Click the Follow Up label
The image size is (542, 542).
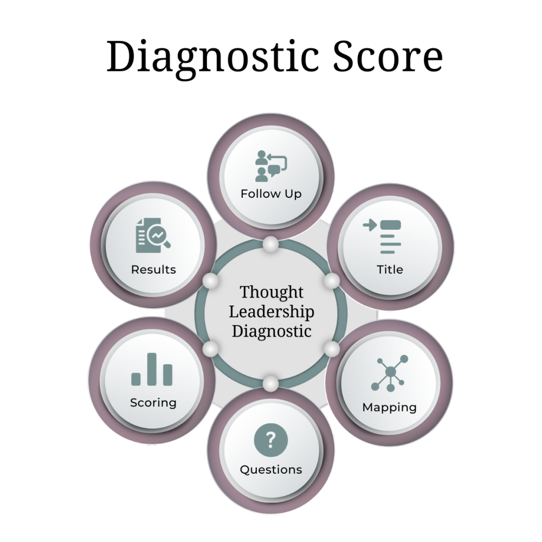point(271,193)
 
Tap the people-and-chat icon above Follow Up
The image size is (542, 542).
point(271,166)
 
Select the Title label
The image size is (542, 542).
point(390,269)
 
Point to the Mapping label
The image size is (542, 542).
point(389,407)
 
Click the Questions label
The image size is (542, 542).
point(271,469)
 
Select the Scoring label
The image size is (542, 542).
point(153,403)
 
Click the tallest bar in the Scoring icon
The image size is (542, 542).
point(152,369)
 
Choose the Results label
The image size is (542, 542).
point(153,269)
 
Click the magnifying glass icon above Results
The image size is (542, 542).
point(154,237)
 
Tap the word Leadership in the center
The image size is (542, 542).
point(272,312)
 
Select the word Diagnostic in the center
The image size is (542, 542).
point(272,331)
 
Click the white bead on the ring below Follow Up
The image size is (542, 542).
point(270,245)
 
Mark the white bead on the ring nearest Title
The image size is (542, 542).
point(332,280)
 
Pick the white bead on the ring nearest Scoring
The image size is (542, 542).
point(210,347)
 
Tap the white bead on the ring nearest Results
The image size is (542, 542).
point(210,281)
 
